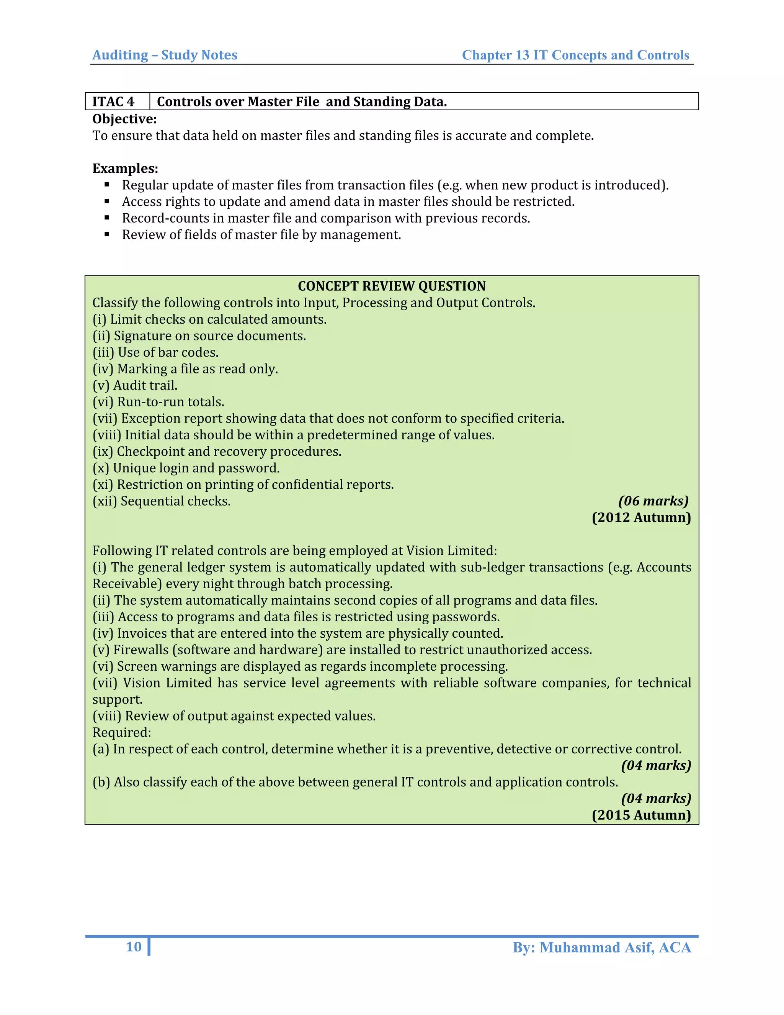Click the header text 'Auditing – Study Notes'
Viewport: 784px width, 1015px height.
(165, 55)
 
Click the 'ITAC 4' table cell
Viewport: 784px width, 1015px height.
(113, 101)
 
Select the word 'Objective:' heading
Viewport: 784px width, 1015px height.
(124, 119)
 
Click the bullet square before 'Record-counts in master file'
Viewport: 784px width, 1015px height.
(107, 218)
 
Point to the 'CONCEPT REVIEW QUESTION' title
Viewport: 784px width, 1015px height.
(392, 286)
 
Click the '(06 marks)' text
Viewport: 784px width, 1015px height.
(653, 501)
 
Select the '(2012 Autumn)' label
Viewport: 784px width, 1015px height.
(641, 517)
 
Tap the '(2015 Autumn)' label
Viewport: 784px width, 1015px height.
(641, 815)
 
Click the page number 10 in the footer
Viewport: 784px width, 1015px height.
(134, 947)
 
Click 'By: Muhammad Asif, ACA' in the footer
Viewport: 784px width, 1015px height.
(601, 947)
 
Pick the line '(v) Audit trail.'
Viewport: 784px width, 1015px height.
(135, 385)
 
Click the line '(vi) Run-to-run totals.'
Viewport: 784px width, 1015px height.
(158, 401)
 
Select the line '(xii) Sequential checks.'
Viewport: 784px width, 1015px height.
(161, 501)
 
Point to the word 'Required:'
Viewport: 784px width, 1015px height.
(122, 732)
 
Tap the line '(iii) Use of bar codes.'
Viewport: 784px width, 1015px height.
(155, 352)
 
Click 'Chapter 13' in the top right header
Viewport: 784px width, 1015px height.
(495, 55)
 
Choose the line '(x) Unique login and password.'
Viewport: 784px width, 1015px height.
(186, 468)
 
